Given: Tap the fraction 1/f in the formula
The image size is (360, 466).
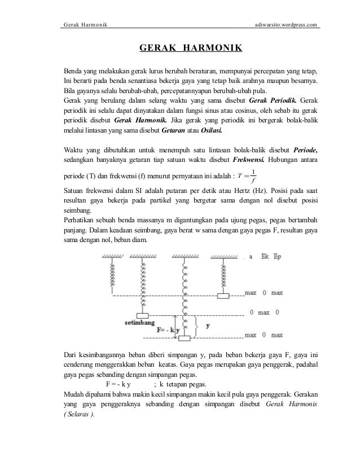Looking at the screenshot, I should [x=254, y=176].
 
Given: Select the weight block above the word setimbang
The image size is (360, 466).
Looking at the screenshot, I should [x=142, y=315].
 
